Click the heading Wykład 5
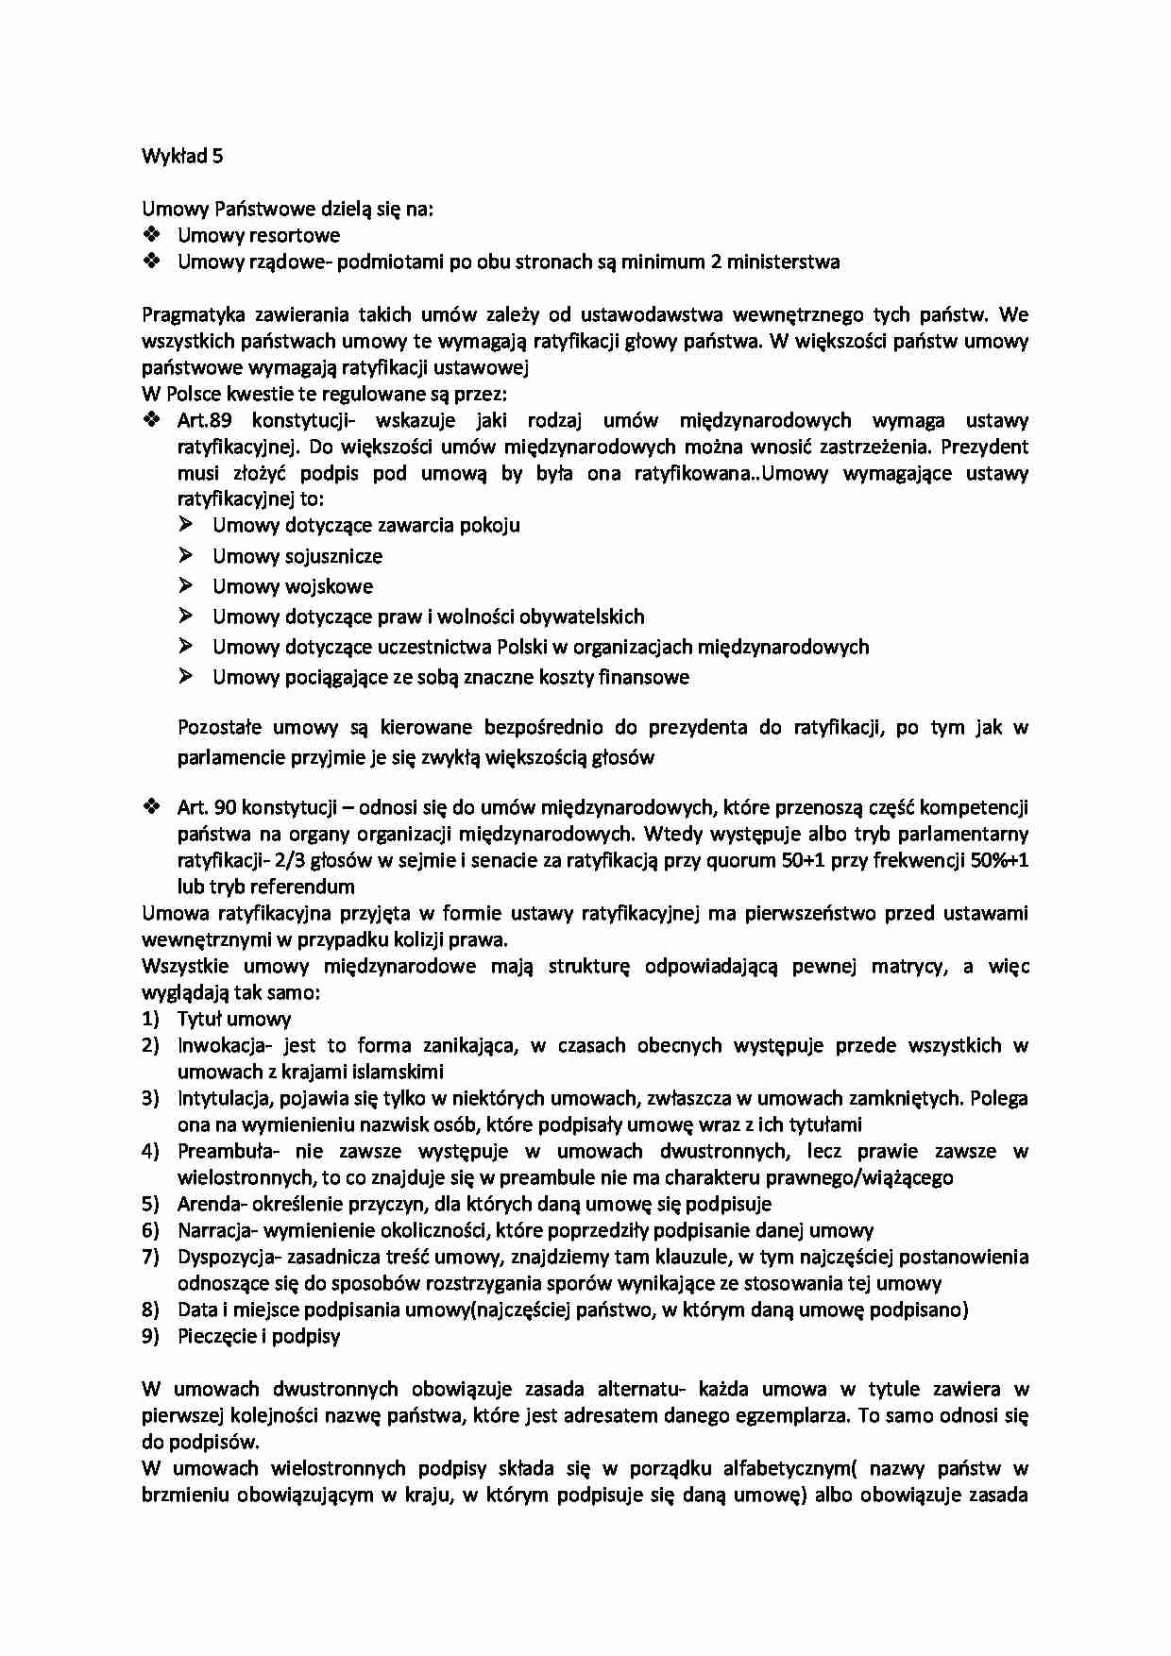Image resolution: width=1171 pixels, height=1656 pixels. pos(182,157)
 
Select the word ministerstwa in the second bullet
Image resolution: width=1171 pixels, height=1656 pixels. pos(783,262)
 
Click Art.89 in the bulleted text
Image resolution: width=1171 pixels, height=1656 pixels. pos(205,420)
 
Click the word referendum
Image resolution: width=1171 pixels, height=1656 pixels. pos(308,887)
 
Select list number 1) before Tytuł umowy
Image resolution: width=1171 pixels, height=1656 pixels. pos(151,1019)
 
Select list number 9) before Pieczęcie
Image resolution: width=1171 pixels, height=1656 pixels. pos(151,1336)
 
